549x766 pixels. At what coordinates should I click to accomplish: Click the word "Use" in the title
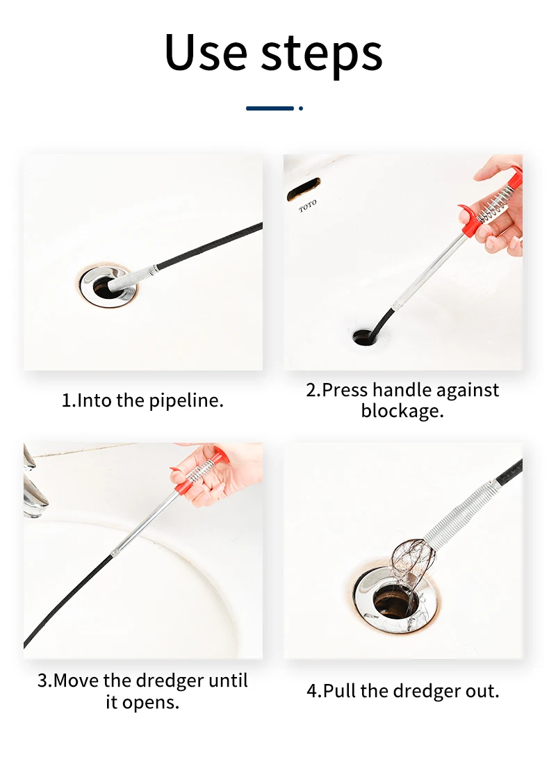coord(206,52)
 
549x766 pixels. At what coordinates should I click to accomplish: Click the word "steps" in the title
coord(322,55)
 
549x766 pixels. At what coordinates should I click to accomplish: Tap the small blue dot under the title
coord(301,108)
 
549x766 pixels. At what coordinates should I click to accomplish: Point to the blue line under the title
coord(270,108)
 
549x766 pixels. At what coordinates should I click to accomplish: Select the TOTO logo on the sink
coord(308,206)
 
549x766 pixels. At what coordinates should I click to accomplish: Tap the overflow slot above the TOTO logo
coord(303,190)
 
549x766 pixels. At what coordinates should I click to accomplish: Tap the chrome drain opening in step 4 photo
coord(395,601)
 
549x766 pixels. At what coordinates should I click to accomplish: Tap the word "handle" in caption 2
coord(402,390)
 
